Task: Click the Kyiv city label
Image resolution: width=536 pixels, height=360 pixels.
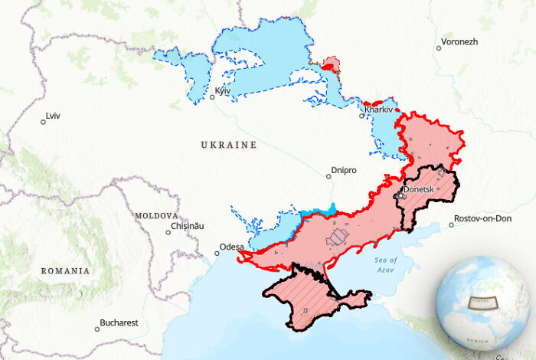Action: click(x=224, y=91)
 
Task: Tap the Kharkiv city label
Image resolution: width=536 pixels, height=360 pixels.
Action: click(x=378, y=110)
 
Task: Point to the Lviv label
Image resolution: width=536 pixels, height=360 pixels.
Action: click(x=53, y=116)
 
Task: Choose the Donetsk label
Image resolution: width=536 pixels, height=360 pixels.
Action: click(x=419, y=188)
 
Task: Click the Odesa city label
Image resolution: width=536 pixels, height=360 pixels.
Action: click(x=232, y=247)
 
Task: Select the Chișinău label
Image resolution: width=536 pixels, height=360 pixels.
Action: click(x=188, y=227)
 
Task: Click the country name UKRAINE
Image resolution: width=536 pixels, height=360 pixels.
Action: click(x=228, y=145)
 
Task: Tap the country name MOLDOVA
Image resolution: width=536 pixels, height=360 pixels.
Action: click(x=156, y=216)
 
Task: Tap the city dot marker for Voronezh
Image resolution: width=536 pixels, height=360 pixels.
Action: click(x=439, y=47)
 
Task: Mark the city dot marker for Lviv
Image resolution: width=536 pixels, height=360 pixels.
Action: click(x=43, y=121)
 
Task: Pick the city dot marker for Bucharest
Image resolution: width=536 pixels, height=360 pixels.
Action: click(x=97, y=329)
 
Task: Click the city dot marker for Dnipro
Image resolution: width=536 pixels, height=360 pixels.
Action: click(x=328, y=175)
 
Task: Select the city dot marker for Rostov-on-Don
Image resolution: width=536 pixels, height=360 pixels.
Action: click(x=450, y=224)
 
